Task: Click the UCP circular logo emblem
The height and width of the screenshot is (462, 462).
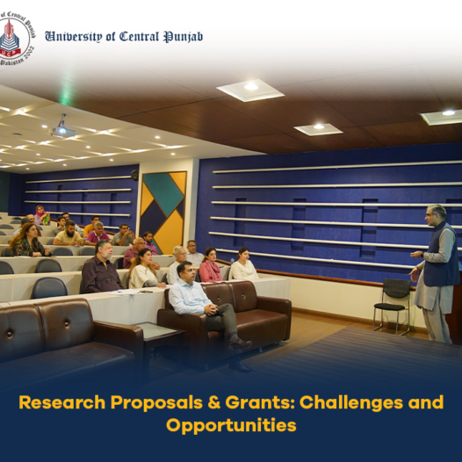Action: tap(16, 39)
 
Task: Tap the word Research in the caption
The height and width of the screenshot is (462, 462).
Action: tap(61, 402)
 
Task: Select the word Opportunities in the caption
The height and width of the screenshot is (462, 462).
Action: tap(231, 426)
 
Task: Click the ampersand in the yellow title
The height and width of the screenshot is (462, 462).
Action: tap(214, 402)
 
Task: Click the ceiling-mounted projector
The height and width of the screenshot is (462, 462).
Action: tap(61, 129)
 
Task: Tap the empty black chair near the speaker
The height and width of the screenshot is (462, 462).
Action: tap(392, 306)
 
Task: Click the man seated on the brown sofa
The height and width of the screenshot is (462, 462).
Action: tap(207, 313)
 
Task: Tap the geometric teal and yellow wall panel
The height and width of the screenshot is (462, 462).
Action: tap(163, 213)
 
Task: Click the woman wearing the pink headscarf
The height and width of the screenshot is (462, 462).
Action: tap(42, 215)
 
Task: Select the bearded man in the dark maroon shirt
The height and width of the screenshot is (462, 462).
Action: tap(101, 267)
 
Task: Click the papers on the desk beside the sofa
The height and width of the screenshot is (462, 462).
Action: tap(125, 292)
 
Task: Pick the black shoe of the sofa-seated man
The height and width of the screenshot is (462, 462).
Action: tap(240, 343)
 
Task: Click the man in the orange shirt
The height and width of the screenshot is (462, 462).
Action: tap(91, 226)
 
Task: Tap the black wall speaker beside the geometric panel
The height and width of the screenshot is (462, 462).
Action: tap(134, 175)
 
